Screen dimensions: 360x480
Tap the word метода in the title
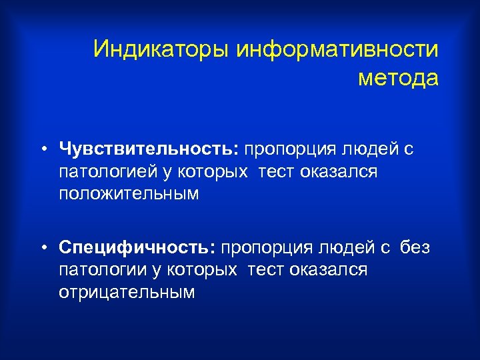pyautogui.click(x=399, y=78)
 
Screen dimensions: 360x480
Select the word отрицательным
pyautogui.click(x=127, y=293)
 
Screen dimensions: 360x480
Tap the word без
pyautogui.click(x=415, y=248)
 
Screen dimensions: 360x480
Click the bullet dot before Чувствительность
pyautogui.click(x=42, y=149)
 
